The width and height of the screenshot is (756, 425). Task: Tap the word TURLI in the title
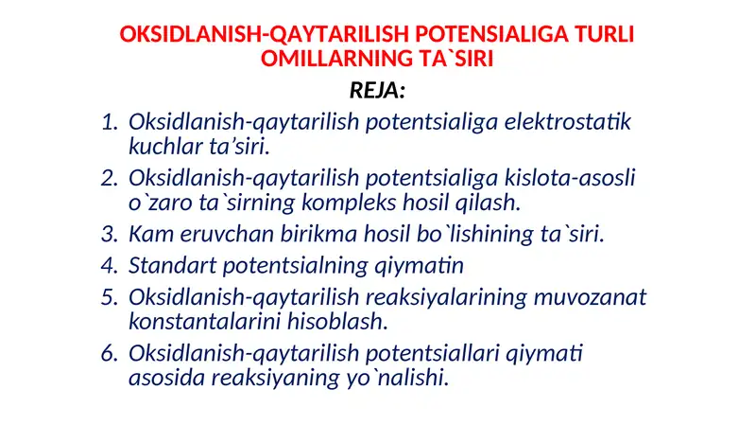(x=604, y=34)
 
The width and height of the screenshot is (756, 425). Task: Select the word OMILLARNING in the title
(x=336, y=59)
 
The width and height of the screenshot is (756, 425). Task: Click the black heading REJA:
(x=377, y=90)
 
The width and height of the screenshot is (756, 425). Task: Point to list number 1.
(x=111, y=122)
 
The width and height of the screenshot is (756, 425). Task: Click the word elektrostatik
(x=568, y=122)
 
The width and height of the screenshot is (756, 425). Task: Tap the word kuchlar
(x=165, y=146)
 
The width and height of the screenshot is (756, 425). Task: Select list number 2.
(x=110, y=178)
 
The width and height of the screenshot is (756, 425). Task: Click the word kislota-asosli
(x=570, y=178)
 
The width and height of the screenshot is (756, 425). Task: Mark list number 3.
(x=110, y=234)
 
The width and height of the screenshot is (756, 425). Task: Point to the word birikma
(x=319, y=234)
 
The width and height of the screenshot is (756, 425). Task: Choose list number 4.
(x=110, y=266)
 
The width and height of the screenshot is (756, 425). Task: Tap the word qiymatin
(x=419, y=266)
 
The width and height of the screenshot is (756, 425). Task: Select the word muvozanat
(x=590, y=297)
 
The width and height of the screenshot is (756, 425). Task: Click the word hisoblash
(x=337, y=321)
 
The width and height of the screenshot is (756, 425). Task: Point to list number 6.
(x=110, y=353)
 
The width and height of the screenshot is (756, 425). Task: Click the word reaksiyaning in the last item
(x=276, y=377)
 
